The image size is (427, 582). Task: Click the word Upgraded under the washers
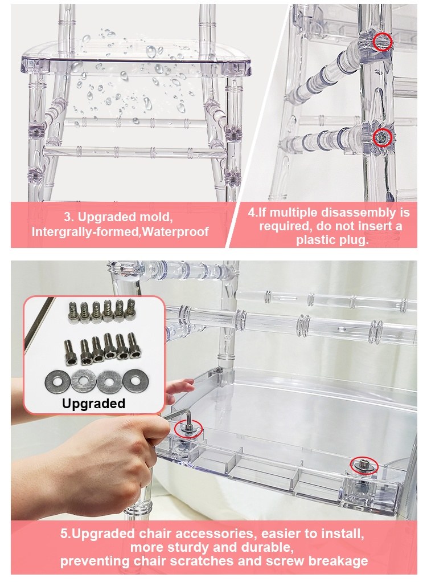pyautogui.click(x=93, y=404)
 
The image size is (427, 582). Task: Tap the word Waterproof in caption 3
pyautogui.click(x=175, y=231)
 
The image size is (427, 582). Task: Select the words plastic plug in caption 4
pyautogui.click(x=332, y=240)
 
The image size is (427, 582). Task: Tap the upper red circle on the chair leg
pyautogui.click(x=383, y=42)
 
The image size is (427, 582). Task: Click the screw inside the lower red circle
pyautogui.click(x=383, y=138)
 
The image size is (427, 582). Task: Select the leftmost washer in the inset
pyautogui.click(x=58, y=382)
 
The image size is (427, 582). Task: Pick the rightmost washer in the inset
pyautogui.click(x=136, y=381)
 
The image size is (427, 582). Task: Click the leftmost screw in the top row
pyautogui.click(x=73, y=312)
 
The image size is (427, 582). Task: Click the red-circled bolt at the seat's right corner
pyautogui.click(x=363, y=465)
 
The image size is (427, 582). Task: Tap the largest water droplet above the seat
pyautogui.click(x=151, y=51)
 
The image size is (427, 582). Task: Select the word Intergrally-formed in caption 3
pyautogui.click(x=85, y=231)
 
